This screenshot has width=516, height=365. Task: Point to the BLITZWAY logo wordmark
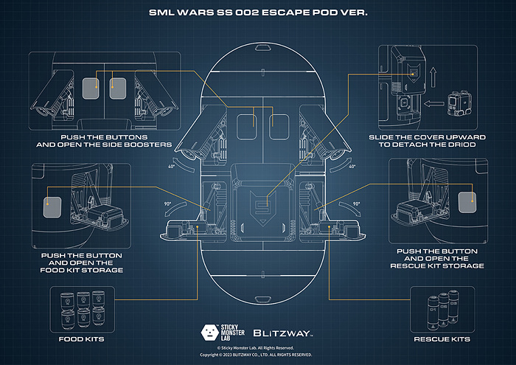pyautogui.click(x=284, y=333)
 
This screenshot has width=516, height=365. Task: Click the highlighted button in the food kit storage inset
pyautogui.click(x=51, y=206)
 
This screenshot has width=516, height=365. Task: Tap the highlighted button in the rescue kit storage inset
pyautogui.click(x=467, y=203)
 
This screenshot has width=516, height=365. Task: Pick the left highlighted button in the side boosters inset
pyautogui.click(x=91, y=88)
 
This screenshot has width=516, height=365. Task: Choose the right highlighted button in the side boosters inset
pyautogui.click(x=118, y=88)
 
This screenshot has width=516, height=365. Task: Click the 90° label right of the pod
pyautogui.click(x=357, y=204)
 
